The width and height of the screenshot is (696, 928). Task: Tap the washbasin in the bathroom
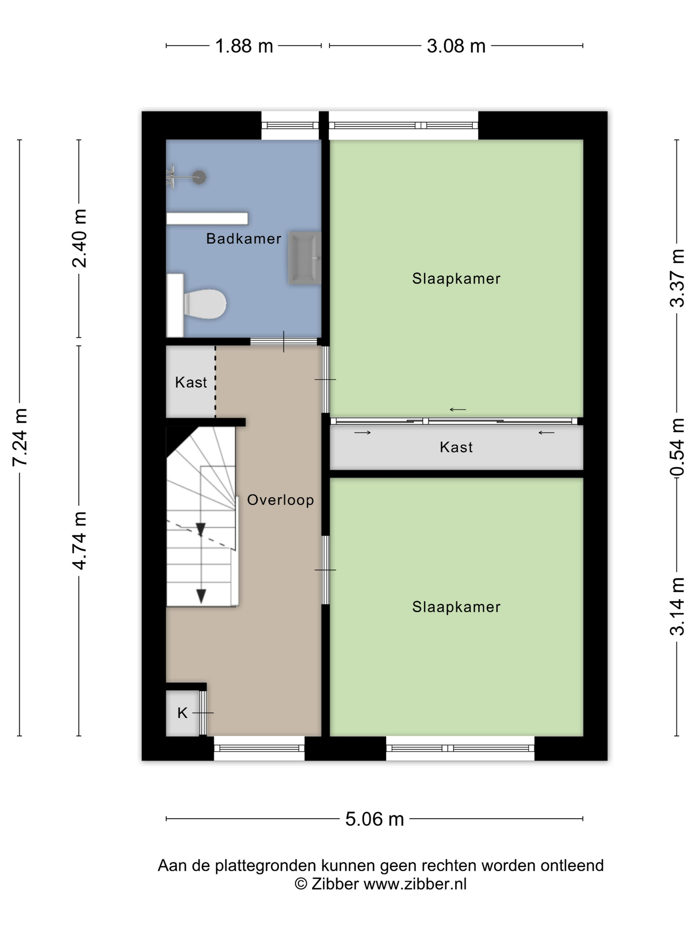[305, 258]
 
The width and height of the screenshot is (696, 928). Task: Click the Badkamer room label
[244, 239]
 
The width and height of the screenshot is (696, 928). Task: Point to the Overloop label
[280, 500]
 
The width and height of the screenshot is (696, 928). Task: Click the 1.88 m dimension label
[244, 46]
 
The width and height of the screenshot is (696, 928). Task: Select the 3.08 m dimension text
[456, 46]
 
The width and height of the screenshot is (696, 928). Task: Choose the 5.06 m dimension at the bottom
[374, 819]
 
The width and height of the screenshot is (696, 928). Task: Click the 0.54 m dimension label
[677, 447]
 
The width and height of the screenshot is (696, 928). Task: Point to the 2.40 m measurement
[79, 238]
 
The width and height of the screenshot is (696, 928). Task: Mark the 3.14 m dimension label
[677, 606]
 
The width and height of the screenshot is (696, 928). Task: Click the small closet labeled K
[183, 713]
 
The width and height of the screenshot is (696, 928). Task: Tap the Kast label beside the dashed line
[191, 382]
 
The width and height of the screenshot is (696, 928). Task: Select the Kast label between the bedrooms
[456, 447]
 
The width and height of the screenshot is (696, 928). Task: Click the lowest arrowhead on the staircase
[202, 596]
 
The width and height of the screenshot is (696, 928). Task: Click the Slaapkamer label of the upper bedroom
[456, 279]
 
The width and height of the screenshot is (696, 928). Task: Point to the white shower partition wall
[207, 218]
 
